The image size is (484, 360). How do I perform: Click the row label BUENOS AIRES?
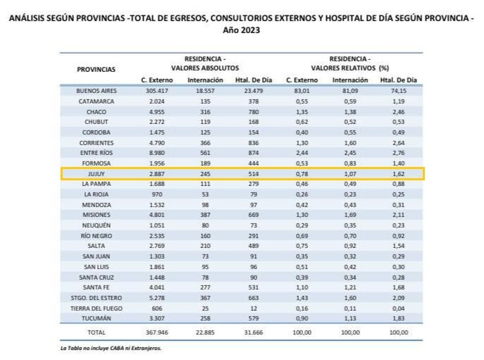97,91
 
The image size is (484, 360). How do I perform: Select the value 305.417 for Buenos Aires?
160,91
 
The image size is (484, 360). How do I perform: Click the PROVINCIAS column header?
97,69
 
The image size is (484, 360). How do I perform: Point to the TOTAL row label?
97,330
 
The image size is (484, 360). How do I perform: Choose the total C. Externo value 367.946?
160,330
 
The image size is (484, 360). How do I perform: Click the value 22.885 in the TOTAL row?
205,330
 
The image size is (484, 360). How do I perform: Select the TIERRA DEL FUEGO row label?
97,307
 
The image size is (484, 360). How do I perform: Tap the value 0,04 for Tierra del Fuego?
399,307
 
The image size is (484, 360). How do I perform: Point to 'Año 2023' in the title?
242,30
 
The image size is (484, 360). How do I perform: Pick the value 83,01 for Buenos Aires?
301,91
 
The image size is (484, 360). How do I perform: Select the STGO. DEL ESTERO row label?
97,297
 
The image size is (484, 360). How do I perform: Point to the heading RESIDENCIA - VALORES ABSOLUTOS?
205,63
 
